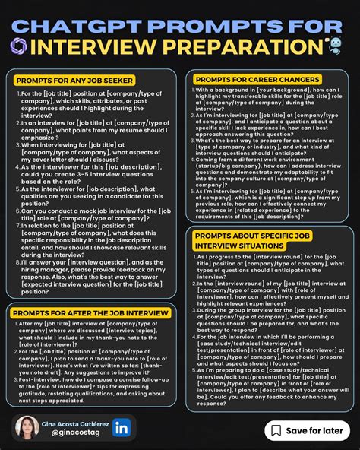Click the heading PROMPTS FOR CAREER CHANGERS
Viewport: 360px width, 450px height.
click(256, 79)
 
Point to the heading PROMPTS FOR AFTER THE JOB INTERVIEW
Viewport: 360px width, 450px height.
click(90, 312)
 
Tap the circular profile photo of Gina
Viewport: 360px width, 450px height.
click(27, 428)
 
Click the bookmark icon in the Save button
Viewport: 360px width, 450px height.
click(276, 430)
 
